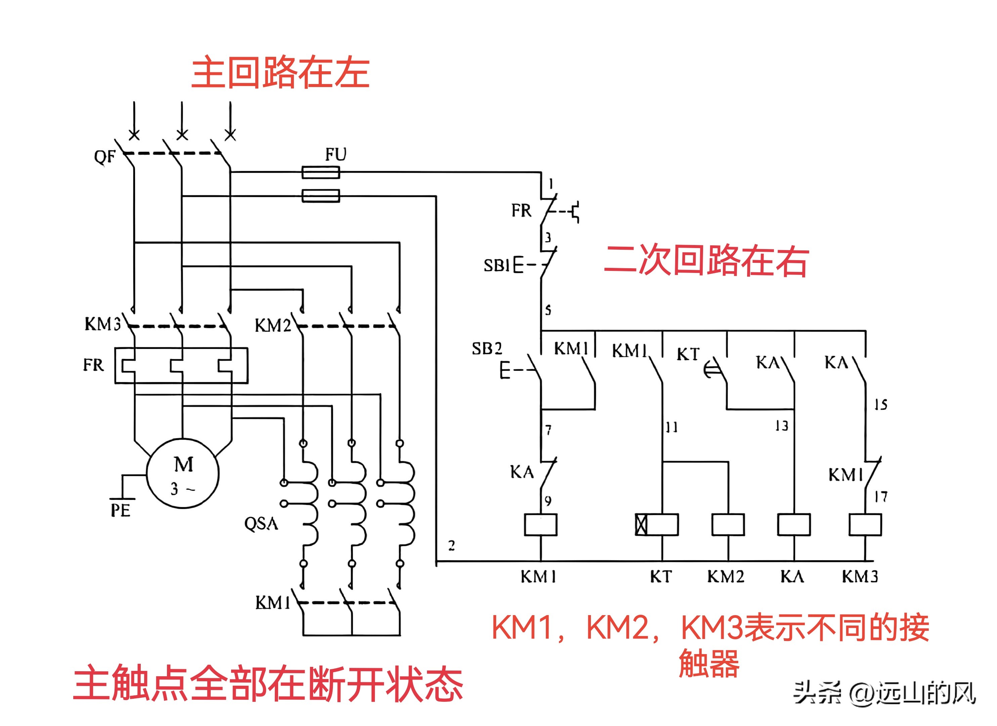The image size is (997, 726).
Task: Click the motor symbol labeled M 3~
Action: click(x=182, y=474)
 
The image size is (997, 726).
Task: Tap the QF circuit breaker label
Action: click(x=104, y=157)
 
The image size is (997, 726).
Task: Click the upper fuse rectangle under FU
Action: click(x=320, y=172)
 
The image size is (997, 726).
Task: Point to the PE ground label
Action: click(x=120, y=511)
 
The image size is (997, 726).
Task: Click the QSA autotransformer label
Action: click(x=261, y=524)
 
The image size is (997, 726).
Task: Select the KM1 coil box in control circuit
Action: click(x=541, y=525)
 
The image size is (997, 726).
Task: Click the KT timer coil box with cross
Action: click(x=657, y=525)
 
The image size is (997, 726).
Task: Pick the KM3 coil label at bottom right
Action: click(x=860, y=576)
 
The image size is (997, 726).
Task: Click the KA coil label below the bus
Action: click(x=792, y=576)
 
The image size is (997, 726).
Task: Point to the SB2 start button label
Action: click(x=487, y=349)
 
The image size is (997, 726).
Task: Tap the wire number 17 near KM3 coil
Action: click(x=880, y=497)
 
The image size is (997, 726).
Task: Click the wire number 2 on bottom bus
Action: click(x=451, y=546)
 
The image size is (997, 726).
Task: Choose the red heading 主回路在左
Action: click(x=280, y=73)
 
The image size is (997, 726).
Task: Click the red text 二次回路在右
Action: click(x=706, y=261)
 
